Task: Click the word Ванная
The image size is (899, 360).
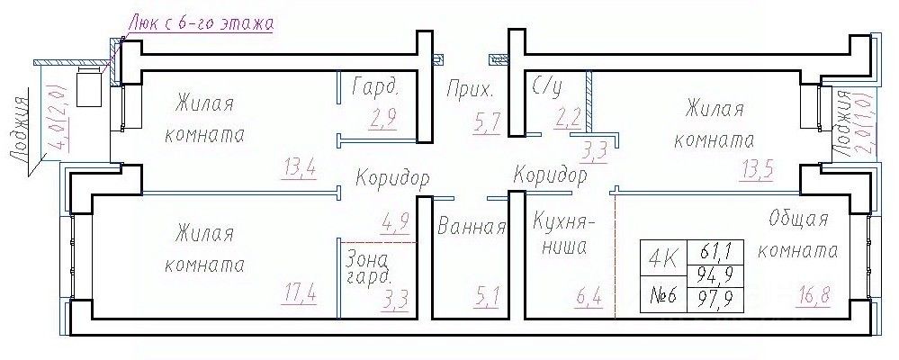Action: [471, 227]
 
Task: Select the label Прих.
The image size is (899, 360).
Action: [470, 90]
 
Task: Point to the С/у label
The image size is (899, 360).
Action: [547, 87]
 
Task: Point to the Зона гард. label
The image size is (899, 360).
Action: [370, 266]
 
